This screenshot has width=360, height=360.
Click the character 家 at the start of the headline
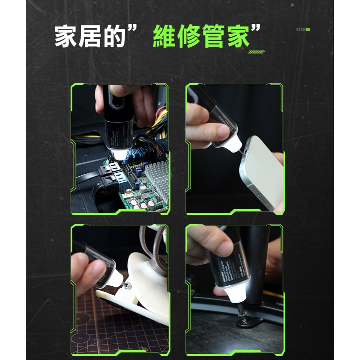pyautogui.click(x=67, y=37)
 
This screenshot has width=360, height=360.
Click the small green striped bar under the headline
pyautogui.click(x=256, y=52)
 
